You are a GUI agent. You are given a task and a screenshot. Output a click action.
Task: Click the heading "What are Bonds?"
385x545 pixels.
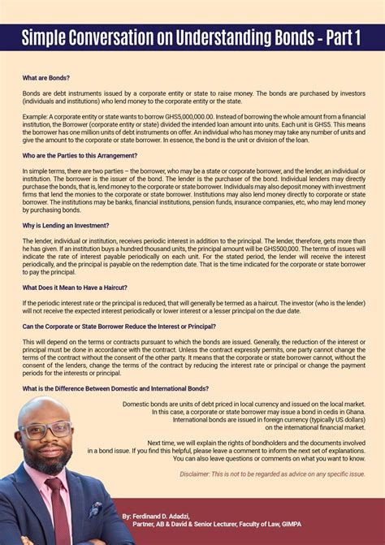click(x=47, y=78)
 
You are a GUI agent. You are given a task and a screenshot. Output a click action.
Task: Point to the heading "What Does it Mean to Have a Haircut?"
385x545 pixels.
click(x=75, y=288)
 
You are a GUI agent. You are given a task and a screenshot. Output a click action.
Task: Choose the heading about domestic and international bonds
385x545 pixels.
click(x=115, y=388)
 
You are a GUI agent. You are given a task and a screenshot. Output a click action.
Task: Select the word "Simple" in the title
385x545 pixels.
click(x=50, y=37)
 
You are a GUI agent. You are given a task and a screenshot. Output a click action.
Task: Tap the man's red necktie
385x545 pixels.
click(x=58, y=504)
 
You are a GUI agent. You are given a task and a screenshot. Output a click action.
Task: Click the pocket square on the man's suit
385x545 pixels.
click(x=95, y=511)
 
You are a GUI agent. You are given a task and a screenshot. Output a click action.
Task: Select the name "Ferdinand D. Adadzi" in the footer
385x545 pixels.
click(x=167, y=516)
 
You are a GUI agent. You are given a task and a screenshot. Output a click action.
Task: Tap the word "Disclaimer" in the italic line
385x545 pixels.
click(x=196, y=473)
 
